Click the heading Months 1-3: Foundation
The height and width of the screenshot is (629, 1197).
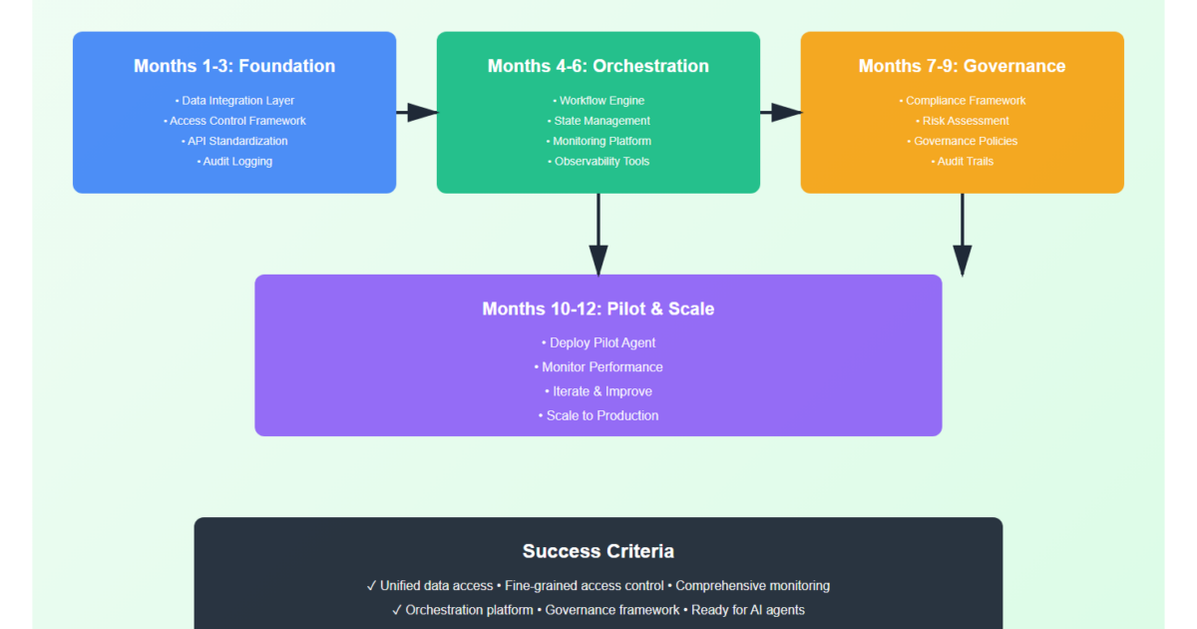pos(234,66)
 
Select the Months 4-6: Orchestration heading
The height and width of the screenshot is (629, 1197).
pos(598,66)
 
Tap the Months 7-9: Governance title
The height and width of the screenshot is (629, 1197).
pos(962,66)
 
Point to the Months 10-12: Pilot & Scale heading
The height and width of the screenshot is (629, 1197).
pos(598,309)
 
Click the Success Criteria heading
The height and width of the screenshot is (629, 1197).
pos(598,551)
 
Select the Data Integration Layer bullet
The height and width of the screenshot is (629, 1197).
pos(235,101)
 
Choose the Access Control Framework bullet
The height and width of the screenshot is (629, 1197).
pos(235,121)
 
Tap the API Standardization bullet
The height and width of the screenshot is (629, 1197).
pos(235,141)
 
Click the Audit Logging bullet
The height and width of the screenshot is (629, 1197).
pos(235,161)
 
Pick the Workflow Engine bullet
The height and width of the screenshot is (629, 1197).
pos(599,101)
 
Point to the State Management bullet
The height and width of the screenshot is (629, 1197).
pos(599,121)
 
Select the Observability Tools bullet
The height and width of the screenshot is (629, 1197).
pos(599,161)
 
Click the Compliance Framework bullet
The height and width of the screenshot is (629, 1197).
pos(963,101)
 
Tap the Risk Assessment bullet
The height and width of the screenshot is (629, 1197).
pos(963,121)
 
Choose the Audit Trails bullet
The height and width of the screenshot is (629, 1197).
pos(963,161)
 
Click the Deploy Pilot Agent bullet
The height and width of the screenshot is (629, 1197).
pos(598,342)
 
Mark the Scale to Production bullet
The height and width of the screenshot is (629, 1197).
pos(598,415)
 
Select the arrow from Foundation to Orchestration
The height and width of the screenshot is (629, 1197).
pos(416,112)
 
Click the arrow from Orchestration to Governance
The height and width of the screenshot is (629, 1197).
pos(780,112)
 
